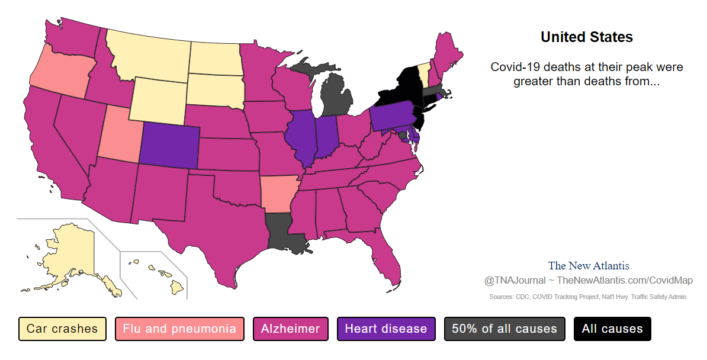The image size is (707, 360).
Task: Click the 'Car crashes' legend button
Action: (62, 329)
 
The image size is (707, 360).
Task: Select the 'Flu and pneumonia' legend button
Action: (179, 329)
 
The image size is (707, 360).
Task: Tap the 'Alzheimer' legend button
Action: (291, 329)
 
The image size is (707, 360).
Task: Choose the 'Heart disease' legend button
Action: (386, 329)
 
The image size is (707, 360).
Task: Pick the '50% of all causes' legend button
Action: (504, 329)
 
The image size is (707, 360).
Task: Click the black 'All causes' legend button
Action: (612, 329)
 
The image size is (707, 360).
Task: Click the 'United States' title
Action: (587, 37)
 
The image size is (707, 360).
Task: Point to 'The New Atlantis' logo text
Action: (589, 266)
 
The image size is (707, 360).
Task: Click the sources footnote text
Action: (589, 297)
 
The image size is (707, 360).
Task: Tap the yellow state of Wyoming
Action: (157, 98)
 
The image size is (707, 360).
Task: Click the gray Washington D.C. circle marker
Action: (403, 136)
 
